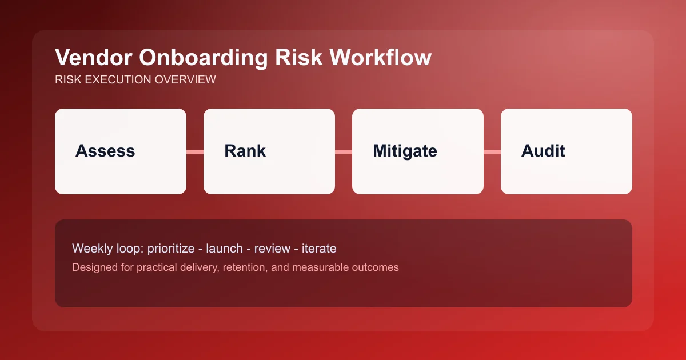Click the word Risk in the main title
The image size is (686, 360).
297,58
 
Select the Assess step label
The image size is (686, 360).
105,151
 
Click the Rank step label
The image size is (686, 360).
245,151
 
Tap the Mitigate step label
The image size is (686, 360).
405,151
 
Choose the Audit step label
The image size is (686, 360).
543,151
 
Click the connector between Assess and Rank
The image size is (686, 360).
195,151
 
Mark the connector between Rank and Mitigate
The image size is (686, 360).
344,151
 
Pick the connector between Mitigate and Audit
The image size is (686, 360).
492,151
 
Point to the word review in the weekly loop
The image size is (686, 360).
271,249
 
